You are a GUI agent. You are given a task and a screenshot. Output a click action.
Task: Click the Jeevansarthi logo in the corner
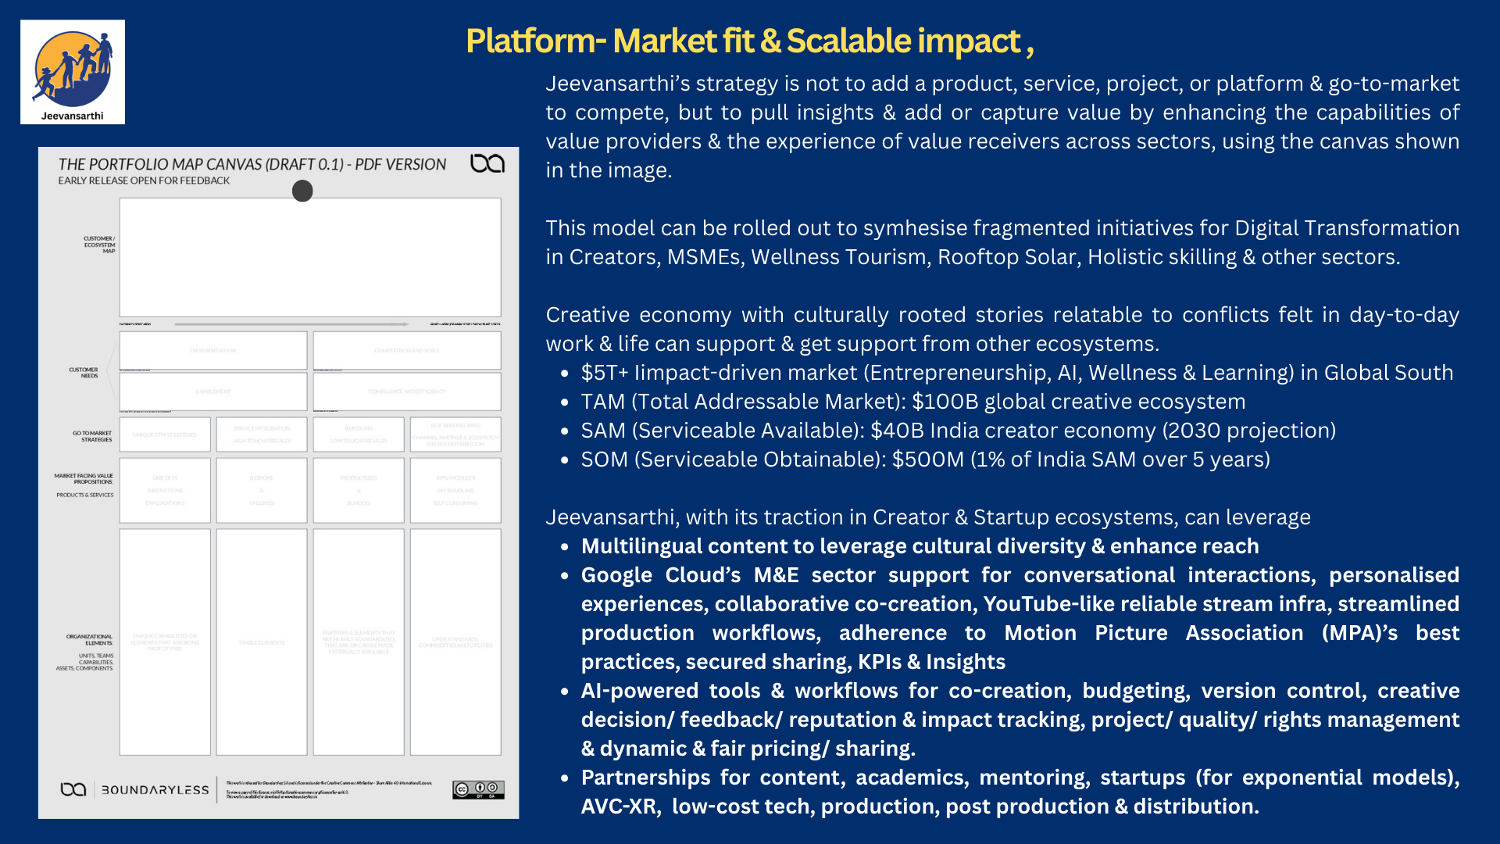coord(73,72)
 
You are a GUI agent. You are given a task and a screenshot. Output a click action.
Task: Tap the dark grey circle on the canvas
coord(302,191)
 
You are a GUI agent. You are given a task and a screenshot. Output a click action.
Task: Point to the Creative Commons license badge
coord(478,789)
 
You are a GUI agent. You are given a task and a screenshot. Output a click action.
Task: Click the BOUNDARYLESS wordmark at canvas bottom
coord(155,790)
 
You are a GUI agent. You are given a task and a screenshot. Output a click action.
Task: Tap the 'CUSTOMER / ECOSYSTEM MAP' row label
coord(99,245)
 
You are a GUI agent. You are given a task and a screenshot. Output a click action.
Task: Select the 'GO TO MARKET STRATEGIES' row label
coord(92,436)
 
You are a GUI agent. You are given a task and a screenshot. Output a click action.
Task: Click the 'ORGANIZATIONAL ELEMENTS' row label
coord(89,640)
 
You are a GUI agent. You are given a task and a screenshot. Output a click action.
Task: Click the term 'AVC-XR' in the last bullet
coord(619,806)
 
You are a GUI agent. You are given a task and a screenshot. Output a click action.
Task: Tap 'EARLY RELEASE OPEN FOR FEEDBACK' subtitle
coord(144,181)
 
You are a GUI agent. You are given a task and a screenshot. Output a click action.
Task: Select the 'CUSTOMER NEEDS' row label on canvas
coord(84,373)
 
